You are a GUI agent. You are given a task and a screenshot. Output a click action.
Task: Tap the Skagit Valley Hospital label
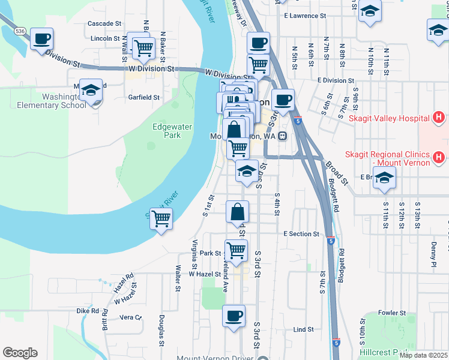(x=388, y=118)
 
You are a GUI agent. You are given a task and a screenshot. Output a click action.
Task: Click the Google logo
(x=20, y=353)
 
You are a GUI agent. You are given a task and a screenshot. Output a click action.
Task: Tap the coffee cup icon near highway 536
(x=42, y=39)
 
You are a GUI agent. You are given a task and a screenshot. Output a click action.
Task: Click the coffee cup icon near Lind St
(x=234, y=315)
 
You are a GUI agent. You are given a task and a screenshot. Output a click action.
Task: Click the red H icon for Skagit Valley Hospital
(x=439, y=117)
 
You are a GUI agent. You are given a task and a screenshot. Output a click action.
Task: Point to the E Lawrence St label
(x=305, y=16)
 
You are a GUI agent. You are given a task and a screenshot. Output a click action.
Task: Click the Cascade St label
(x=104, y=23)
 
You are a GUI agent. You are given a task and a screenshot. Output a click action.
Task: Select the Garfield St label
(x=143, y=97)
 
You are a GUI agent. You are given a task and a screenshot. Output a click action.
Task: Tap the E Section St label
(x=301, y=233)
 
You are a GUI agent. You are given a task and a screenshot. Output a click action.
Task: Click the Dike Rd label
(x=88, y=311)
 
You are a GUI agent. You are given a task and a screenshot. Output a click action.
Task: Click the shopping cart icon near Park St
(x=237, y=250)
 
